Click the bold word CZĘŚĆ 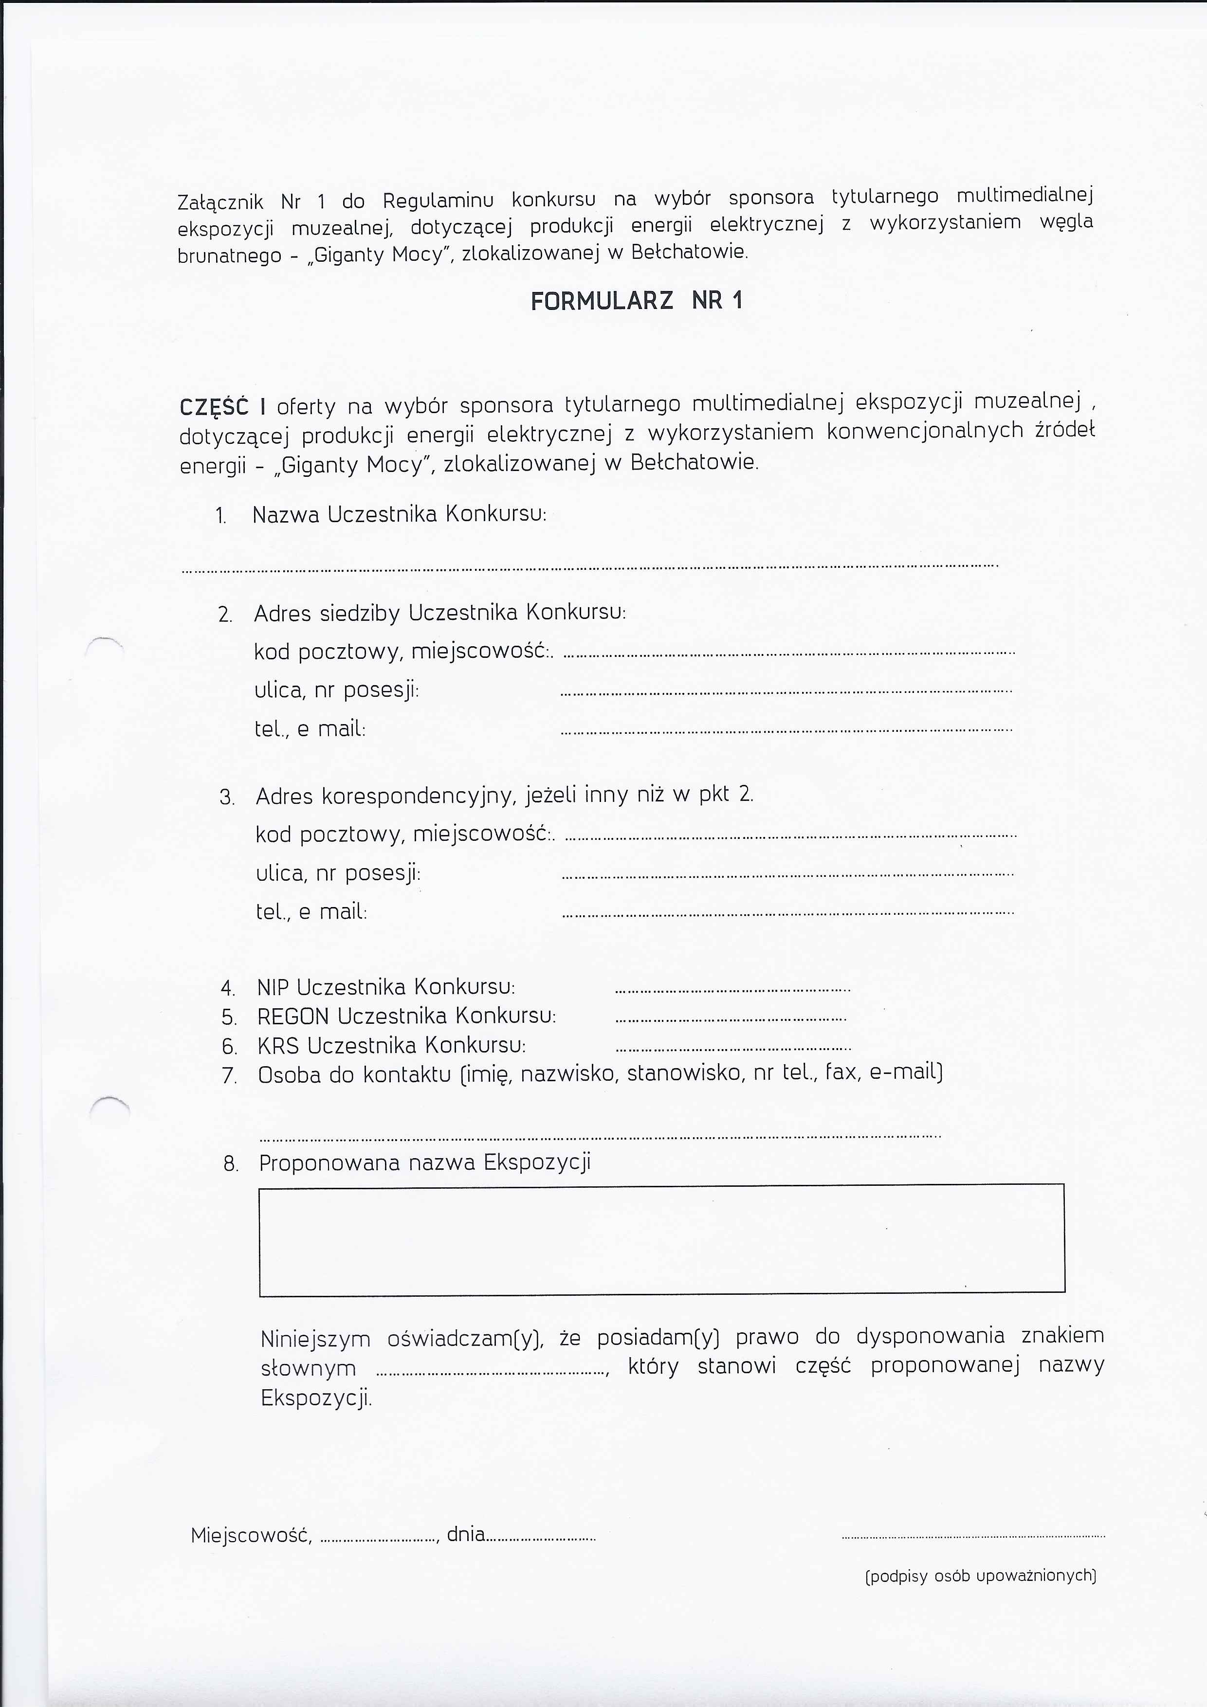click(x=214, y=407)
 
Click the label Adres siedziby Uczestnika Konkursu click(x=439, y=613)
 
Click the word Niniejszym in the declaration click(x=315, y=1339)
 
